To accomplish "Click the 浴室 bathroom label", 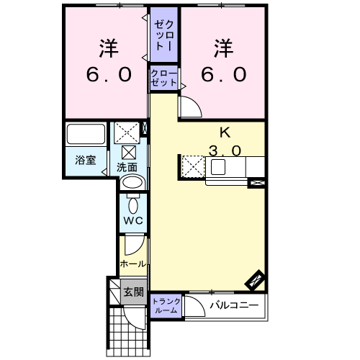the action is coord(86,160).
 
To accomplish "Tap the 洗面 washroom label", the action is coord(127,167).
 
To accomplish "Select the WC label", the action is coord(133,220).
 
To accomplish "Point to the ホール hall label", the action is coord(133,264).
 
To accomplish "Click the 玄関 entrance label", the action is coord(133,292).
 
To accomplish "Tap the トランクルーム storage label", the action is coord(166,306).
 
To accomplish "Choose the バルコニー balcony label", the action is coord(234,305).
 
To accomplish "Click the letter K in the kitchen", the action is coord(225,132).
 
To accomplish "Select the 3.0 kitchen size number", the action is coord(225,151).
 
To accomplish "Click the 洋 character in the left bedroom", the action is coord(109,48).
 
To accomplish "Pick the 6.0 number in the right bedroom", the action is coord(223,74).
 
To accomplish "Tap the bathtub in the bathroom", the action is coord(86,134).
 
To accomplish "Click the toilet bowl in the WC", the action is coord(133,206).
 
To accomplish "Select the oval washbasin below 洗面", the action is coord(132,183).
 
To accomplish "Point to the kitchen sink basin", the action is coord(218,167).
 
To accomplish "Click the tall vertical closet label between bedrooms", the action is coord(164,35).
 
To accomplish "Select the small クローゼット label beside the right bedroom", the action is coord(164,78).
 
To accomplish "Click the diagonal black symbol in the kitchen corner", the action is coord(255,281).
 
